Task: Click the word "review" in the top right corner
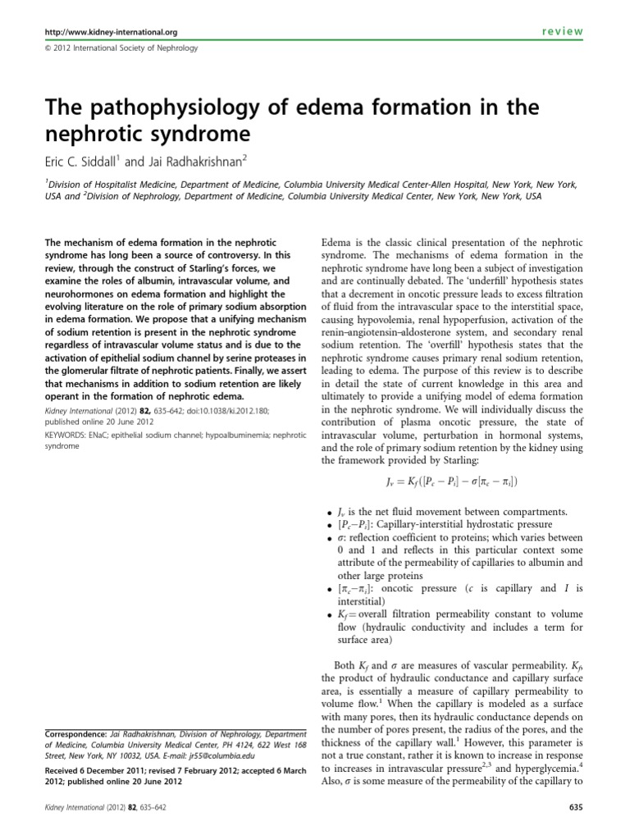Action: pyautogui.click(x=562, y=31)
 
